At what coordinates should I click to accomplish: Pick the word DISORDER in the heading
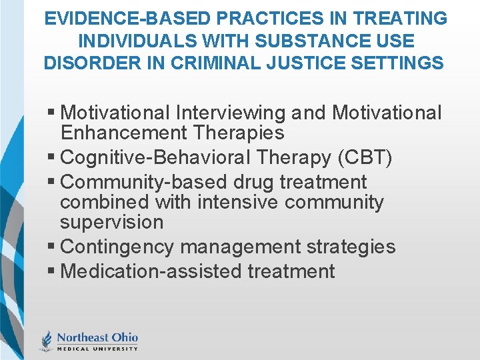(x=93, y=64)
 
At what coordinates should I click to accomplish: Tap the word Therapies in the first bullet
(x=239, y=133)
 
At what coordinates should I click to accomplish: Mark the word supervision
(x=111, y=222)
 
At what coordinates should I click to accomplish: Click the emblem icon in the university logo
(x=47, y=341)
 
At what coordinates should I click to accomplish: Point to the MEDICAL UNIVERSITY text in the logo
(x=97, y=349)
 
